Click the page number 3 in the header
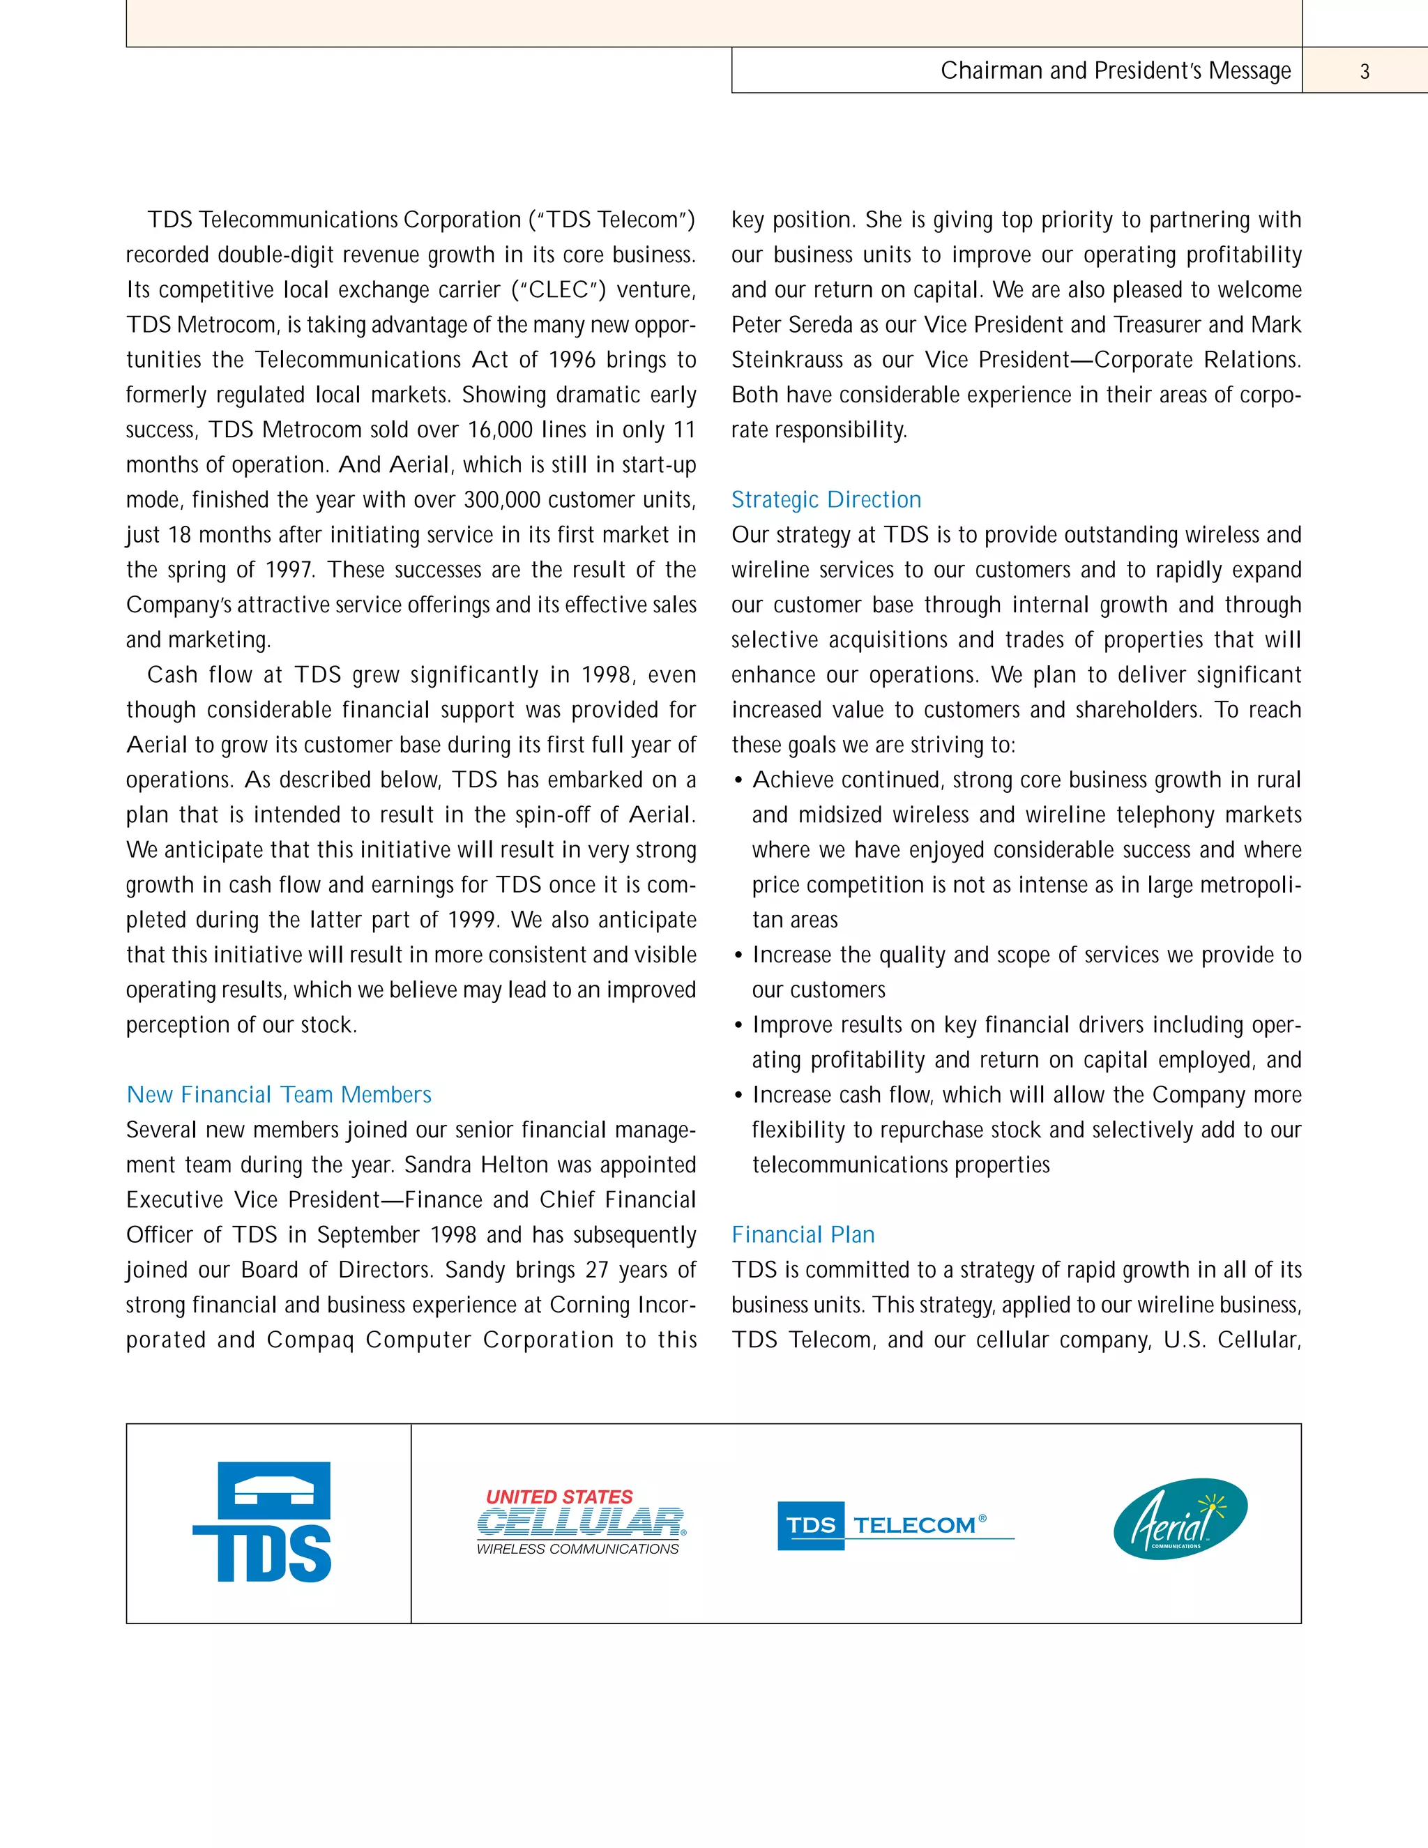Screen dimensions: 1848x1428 (1364, 71)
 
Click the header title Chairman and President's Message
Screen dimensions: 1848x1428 (1115, 70)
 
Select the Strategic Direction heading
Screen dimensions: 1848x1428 (826, 499)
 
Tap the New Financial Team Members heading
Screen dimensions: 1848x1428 (278, 1094)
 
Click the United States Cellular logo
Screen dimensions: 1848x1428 (582, 1522)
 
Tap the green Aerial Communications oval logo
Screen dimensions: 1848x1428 (1180, 1519)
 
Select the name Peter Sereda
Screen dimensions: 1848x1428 (810, 325)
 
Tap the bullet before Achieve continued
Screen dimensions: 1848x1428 (738, 781)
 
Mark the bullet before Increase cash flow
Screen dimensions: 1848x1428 (738, 1096)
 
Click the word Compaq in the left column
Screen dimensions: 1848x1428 (310, 1340)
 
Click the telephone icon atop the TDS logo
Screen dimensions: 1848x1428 (273, 1490)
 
